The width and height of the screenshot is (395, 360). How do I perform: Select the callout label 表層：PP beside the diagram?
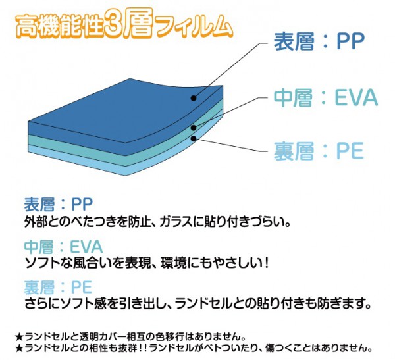tap(319, 41)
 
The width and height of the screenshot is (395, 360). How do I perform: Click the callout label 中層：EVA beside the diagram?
tap(326, 97)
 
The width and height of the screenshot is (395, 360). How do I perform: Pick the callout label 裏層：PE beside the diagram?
tap(319, 151)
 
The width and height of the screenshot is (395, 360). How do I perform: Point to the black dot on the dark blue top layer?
tap(193, 98)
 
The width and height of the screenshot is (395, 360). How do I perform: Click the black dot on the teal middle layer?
tap(193, 128)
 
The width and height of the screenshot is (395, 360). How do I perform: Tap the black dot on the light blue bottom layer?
tap(193, 138)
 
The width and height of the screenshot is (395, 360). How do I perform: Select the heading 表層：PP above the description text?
tap(59, 204)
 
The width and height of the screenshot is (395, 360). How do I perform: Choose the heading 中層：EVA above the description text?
tap(63, 246)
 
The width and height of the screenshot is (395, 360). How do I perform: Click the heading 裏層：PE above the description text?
tap(58, 288)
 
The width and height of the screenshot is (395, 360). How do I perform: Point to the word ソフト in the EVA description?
tap(42, 263)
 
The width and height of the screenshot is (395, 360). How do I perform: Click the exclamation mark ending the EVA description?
tap(266, 263)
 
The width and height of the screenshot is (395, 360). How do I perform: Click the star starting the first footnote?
tap(19, 336)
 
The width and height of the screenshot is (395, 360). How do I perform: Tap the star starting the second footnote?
tap(19, 348)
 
